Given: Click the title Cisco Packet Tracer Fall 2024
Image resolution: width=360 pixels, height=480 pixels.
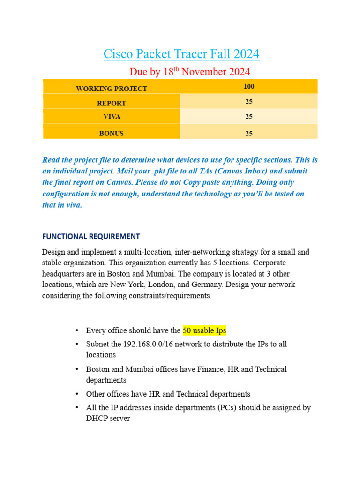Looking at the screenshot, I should [181, 54].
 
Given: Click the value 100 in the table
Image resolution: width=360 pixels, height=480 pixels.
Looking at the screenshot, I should [249, 87].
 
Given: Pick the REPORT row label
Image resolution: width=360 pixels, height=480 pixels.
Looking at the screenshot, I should [112, 103].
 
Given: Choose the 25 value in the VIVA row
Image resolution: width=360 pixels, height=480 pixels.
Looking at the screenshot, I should [249, 117].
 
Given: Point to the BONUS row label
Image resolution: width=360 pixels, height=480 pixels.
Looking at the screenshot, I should [112, 134].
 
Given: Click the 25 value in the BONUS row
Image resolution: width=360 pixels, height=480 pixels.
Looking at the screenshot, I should [249, 134].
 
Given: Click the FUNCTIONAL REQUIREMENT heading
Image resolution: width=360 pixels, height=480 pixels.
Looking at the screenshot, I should [91, 236].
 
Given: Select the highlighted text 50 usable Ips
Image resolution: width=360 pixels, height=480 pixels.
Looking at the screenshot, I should [204, 331].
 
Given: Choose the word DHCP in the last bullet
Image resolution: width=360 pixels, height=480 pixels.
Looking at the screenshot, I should [97, 418].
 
